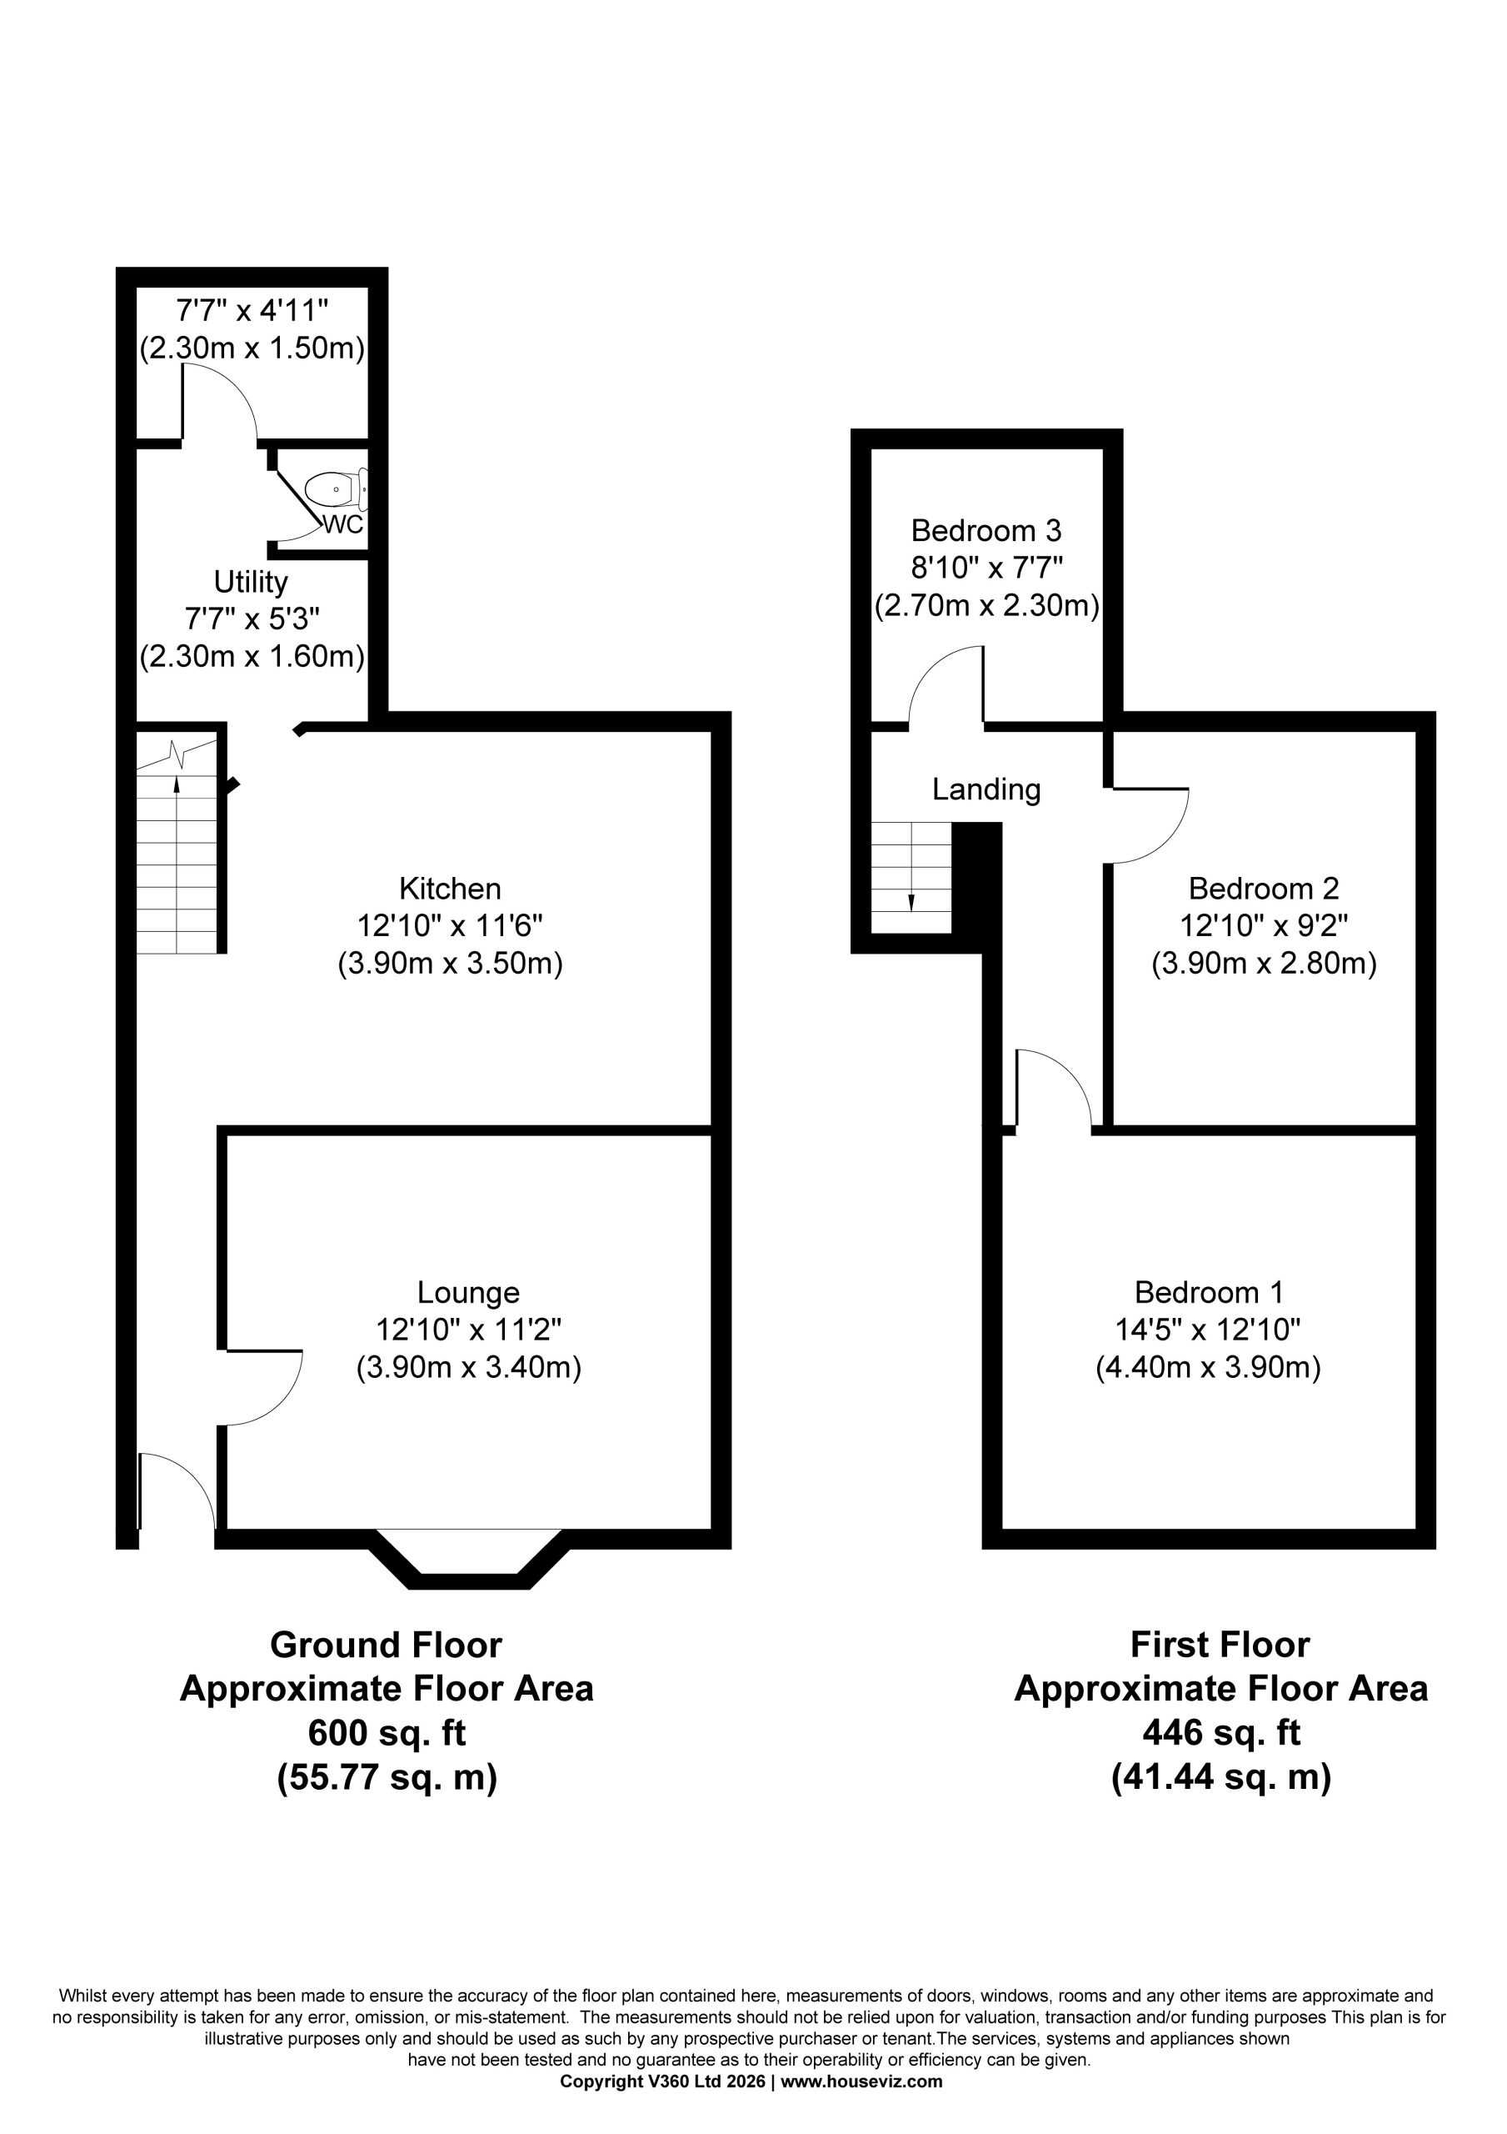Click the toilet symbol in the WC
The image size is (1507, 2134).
click(337, 488)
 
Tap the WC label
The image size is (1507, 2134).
click(343, 525)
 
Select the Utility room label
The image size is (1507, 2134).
click(251, 582)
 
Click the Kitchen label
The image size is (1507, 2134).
click(450, 889)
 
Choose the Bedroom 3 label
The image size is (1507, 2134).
click(986, 531)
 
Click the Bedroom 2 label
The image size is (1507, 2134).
click(1264, 889)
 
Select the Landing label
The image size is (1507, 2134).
click(986, 790)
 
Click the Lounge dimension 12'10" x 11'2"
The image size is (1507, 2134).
click(469, 1330)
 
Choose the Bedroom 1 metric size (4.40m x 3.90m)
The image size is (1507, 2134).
click(1208, 1368)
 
